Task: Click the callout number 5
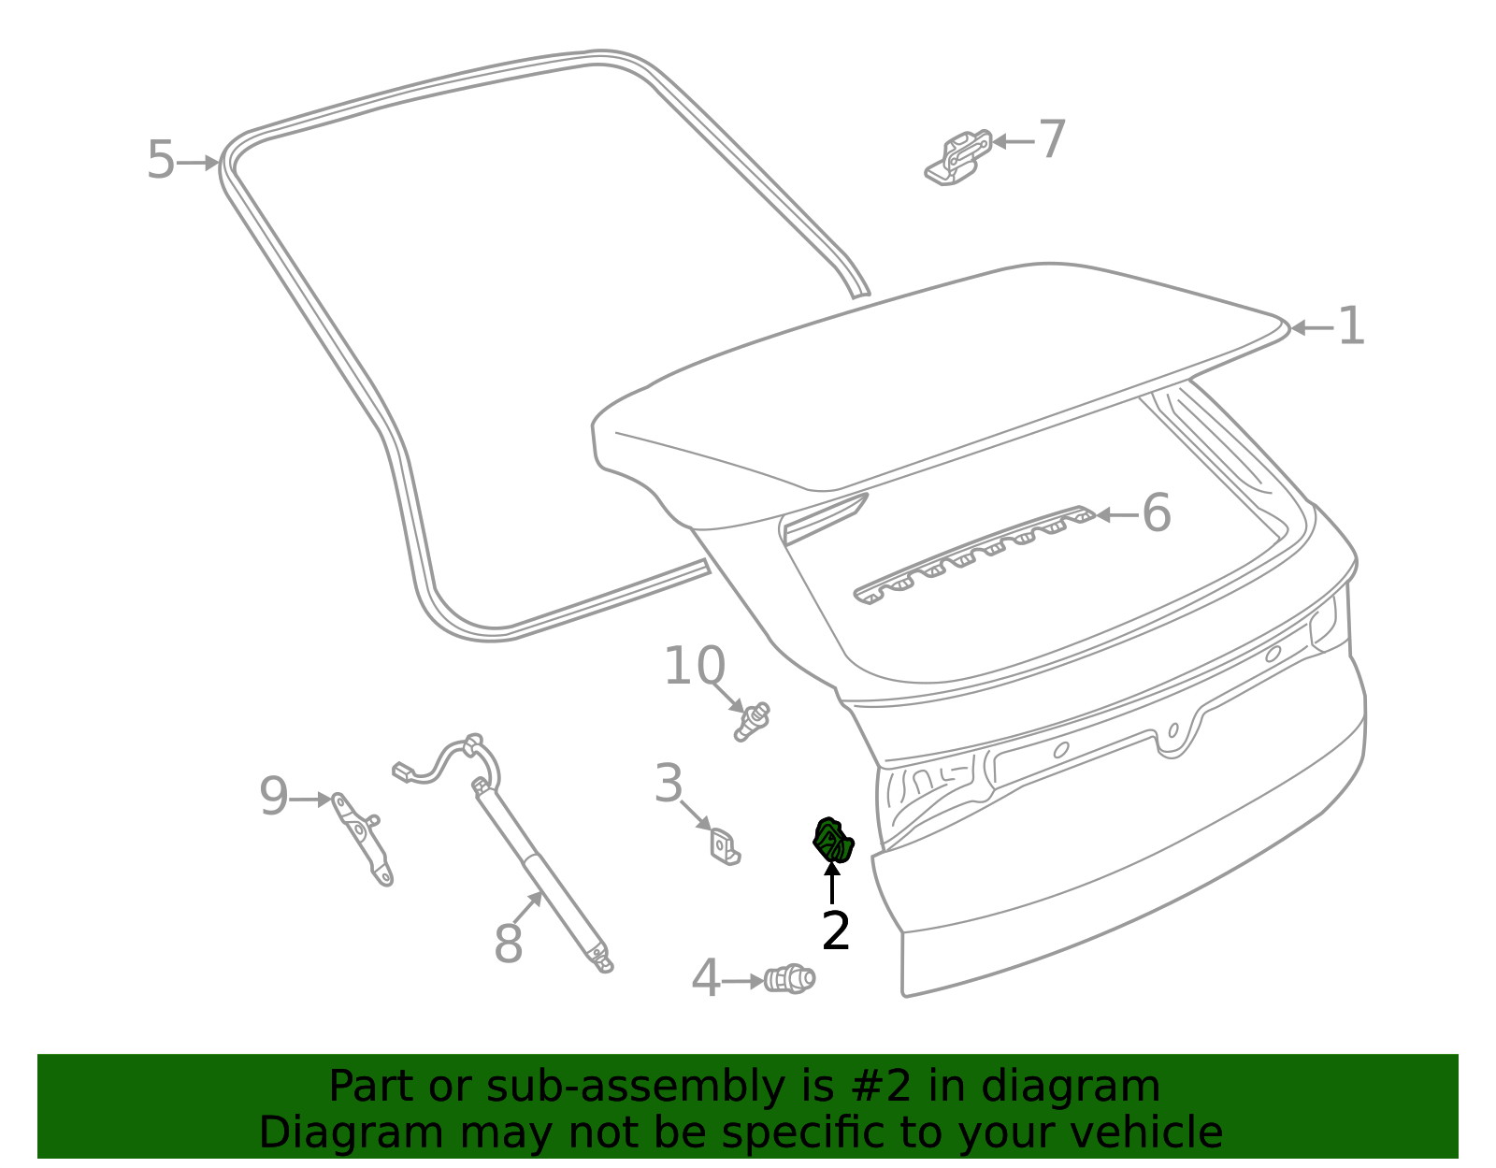[x=161, y=161]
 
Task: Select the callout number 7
[x=1053, y=140]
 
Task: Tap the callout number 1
[x=1351, y=327]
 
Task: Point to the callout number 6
[x=1157, y=513]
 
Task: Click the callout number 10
[x=694, y=667]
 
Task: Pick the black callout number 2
[x=835, y=931]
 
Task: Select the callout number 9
[x=274, y=798]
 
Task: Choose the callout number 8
[x=508, y=944]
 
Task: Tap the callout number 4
[x=706, y=979]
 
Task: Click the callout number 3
[x=669, y=784]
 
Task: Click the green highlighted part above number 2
[x=832, y=840]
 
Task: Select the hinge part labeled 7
[x=958, y=157]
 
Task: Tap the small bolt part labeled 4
[x=789, y=979]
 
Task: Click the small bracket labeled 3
[x=725, y=846]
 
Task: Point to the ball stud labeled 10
[x=752, y=721]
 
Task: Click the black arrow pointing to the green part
[x=831, y=883]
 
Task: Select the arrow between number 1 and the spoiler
[x=1311, y=328]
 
